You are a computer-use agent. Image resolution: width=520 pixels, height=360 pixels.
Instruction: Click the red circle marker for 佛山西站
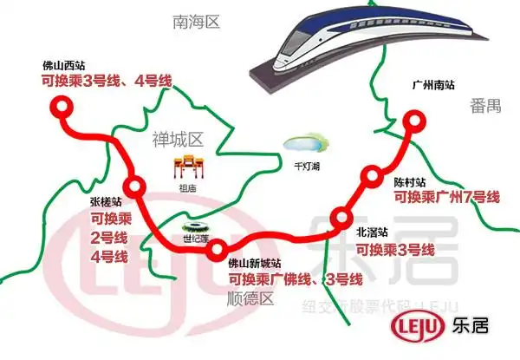pyautogui.click(x=60, y=107)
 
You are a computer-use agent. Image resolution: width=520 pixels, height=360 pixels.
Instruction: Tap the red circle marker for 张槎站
pyautogui.click(x=133, y=185)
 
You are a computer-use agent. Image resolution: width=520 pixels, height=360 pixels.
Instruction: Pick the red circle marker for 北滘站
pyautogui.click(x=343, y=217)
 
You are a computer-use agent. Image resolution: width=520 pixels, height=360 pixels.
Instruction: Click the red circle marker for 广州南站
pyautogui.click(x=415, y=121)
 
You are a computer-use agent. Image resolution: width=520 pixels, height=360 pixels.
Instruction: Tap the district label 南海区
pyautogui.click(x=198, y=22)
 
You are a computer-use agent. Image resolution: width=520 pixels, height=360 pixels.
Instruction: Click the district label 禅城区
pyautogui.click(x=177, y=139)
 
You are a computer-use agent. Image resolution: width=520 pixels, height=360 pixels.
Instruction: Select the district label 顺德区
pyautogui.click(x=248, y=299)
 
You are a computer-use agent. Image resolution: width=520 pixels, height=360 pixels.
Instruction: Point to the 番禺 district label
pyautogui.click(x=486, y=105)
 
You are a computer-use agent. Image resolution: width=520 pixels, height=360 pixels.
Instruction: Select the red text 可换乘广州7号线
pyautogui.click(x=446, y=198)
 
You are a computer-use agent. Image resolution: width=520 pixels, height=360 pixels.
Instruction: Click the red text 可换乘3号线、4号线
pyautogui.click(x=107, y=82)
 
